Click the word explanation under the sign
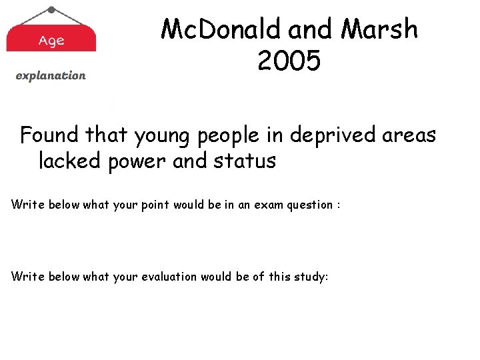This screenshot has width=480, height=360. pos(51,75)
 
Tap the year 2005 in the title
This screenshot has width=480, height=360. pos(289,61)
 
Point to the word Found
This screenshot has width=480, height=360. pos(48,135)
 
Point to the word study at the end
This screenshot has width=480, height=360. pos(310,276)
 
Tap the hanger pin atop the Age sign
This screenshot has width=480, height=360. pos(51,9)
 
